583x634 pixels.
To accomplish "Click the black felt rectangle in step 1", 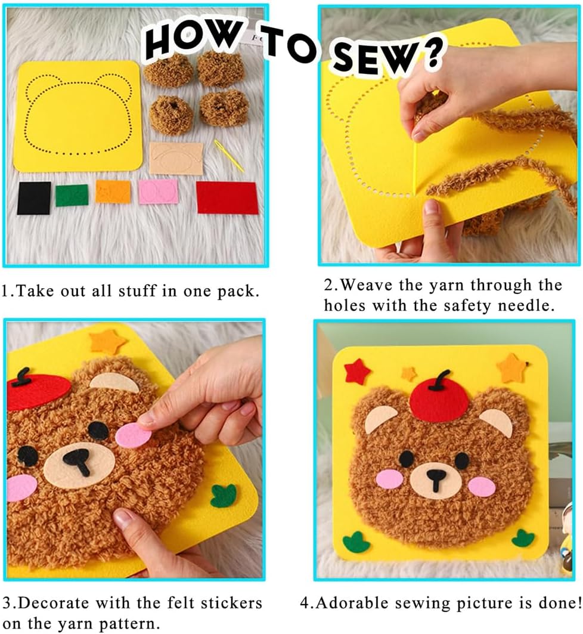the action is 34,198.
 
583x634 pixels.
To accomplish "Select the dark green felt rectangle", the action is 72,195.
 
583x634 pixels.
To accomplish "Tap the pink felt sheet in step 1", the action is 158,191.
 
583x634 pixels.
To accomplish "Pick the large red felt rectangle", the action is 227,197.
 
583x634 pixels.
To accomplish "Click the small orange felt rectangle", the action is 113,191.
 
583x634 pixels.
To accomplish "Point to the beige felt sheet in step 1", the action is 176,158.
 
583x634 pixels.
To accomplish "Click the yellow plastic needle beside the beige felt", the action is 229,156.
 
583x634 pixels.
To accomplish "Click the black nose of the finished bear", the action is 436,478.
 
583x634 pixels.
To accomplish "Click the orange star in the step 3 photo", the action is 108,341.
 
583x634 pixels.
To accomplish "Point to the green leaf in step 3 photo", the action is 224,495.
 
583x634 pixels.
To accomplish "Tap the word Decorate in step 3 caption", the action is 54,603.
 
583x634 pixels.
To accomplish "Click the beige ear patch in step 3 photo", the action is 114,382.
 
